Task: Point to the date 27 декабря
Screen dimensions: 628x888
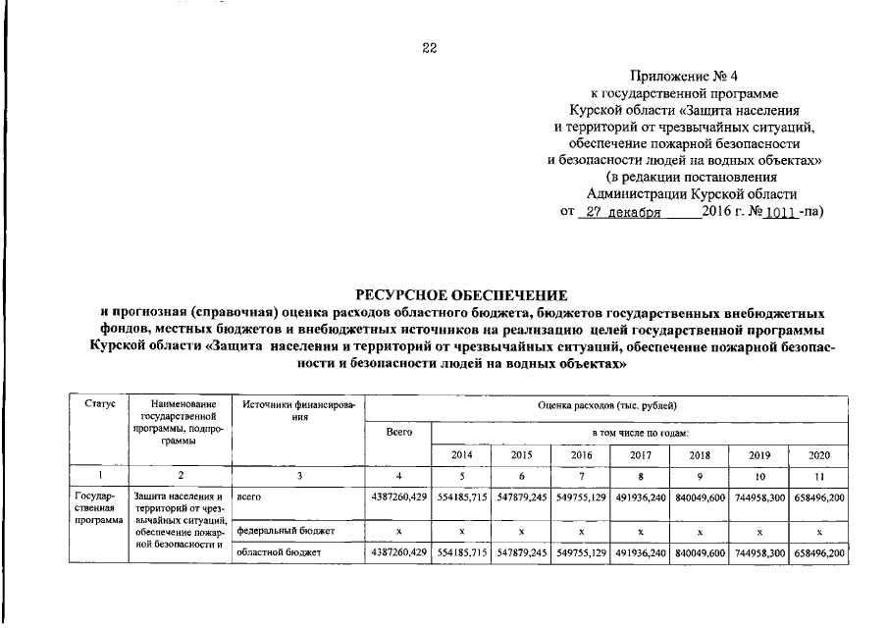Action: pos(619,211)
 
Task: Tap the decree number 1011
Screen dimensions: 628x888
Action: pos(776,211)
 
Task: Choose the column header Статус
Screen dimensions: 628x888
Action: pos(100,404)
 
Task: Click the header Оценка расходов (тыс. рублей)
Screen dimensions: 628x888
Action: pos(606,404)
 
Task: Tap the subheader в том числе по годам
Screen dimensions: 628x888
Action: pos(639,432)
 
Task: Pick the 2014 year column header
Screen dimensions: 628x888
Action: pos(461,455)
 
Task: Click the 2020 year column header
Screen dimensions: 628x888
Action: pos(817,455)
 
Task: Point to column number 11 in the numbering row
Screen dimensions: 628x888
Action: pos(817,476)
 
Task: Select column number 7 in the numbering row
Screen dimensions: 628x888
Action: pos(581,476)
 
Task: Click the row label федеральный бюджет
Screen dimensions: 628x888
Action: pos(285,530)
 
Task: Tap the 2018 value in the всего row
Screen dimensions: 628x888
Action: pos(700,498)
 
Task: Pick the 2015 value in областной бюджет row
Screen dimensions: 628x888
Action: pos(521,553)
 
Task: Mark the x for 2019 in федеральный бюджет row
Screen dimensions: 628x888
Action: pos(759,530)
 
